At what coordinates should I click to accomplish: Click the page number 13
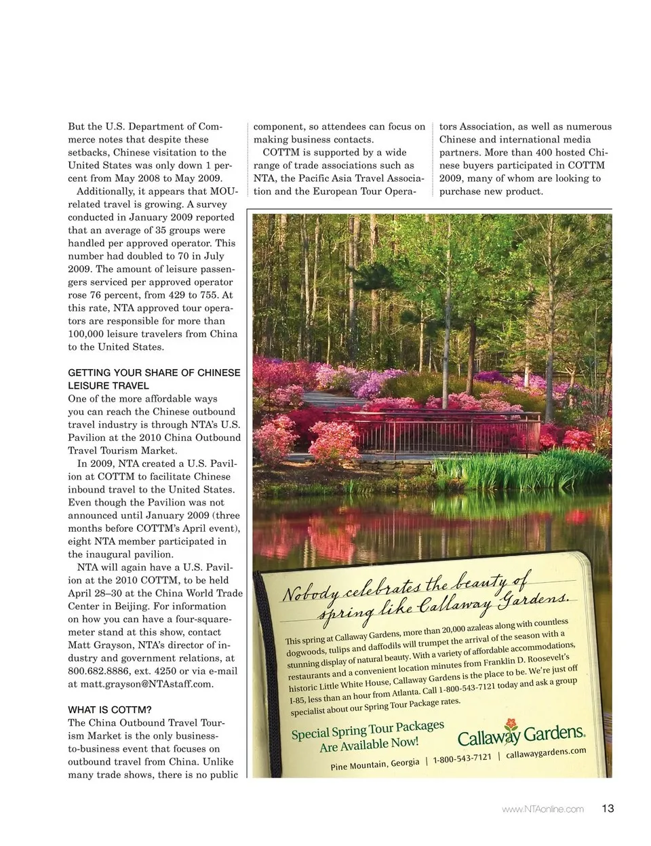click(607, 808)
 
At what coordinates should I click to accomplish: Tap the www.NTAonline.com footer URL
click(542, 809)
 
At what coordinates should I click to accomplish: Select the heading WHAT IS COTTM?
click(110, 710)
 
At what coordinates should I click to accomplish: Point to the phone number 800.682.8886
click(98, 671)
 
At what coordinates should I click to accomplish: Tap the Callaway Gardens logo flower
click(511, 728)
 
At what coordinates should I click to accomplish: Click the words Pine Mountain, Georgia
click(375, 765)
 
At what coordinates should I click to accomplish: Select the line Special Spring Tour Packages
click(368, 730)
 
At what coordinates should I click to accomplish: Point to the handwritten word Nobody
click(310, 592)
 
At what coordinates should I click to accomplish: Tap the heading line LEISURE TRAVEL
click(108, 385)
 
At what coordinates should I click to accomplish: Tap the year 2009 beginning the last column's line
click(451, 178)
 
